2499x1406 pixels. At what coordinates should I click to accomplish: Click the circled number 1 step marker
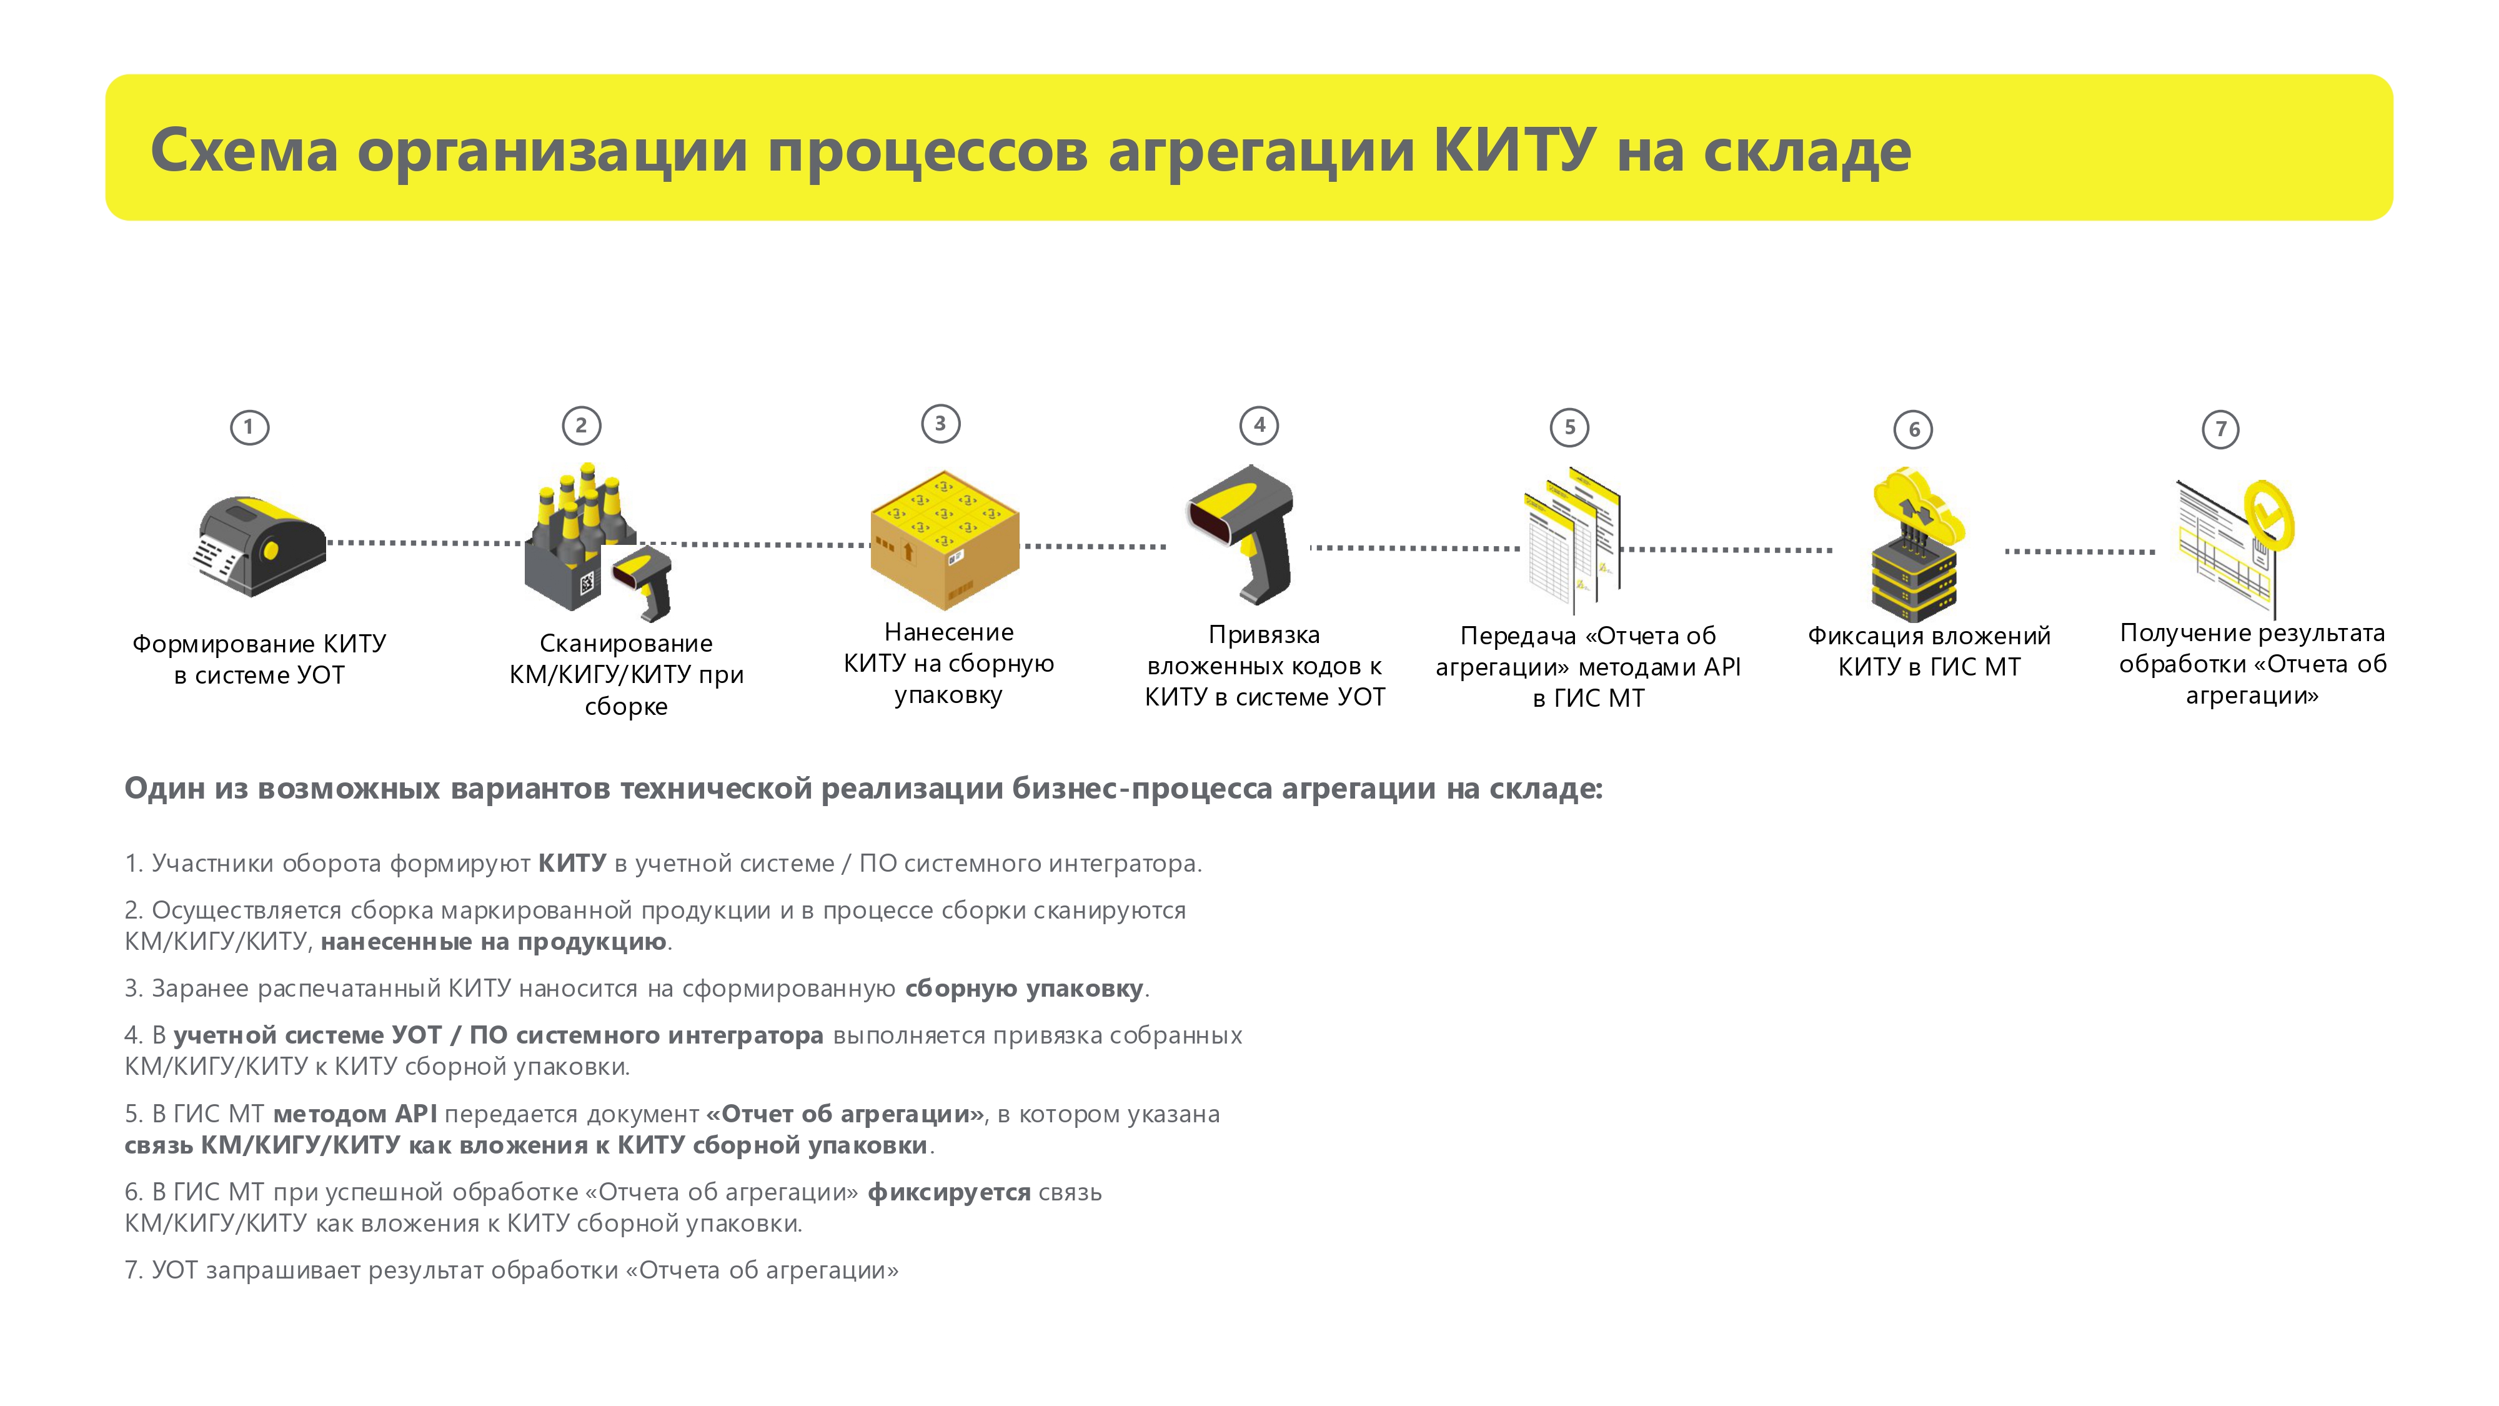coord(249,427)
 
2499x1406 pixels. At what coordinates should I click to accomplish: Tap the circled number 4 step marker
coord(1259,425)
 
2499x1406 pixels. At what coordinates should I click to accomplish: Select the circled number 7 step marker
coord(2220,429)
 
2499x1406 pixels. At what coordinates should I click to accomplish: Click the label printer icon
coord(260,546)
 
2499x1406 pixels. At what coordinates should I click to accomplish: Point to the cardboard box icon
coord(945,541)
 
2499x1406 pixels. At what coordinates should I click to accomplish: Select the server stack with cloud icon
coord(1916,544)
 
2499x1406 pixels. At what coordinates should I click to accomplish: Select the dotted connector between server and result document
coord(2080,551)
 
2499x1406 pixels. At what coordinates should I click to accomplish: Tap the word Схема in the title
coord(244,151)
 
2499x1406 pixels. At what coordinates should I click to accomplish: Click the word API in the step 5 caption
coord(1722,667)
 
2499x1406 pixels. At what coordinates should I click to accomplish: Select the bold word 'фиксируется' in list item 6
coord(949,1192)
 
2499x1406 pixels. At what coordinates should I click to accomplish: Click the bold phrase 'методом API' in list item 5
coord(355,1114)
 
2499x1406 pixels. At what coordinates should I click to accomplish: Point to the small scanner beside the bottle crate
coord(642,581)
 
